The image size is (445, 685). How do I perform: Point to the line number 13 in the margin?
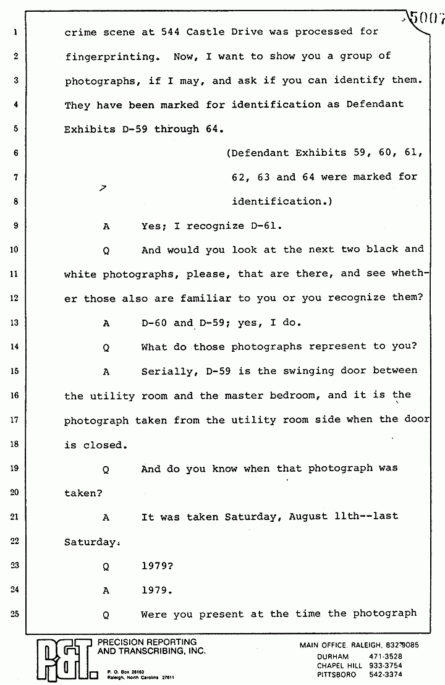coord(15,322)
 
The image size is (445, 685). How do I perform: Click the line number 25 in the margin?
coord(15,614)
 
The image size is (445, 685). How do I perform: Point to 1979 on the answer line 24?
coord(157,590)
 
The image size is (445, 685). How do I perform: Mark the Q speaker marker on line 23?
coord(106,566)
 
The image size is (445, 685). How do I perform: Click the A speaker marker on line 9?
coord(106,226)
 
